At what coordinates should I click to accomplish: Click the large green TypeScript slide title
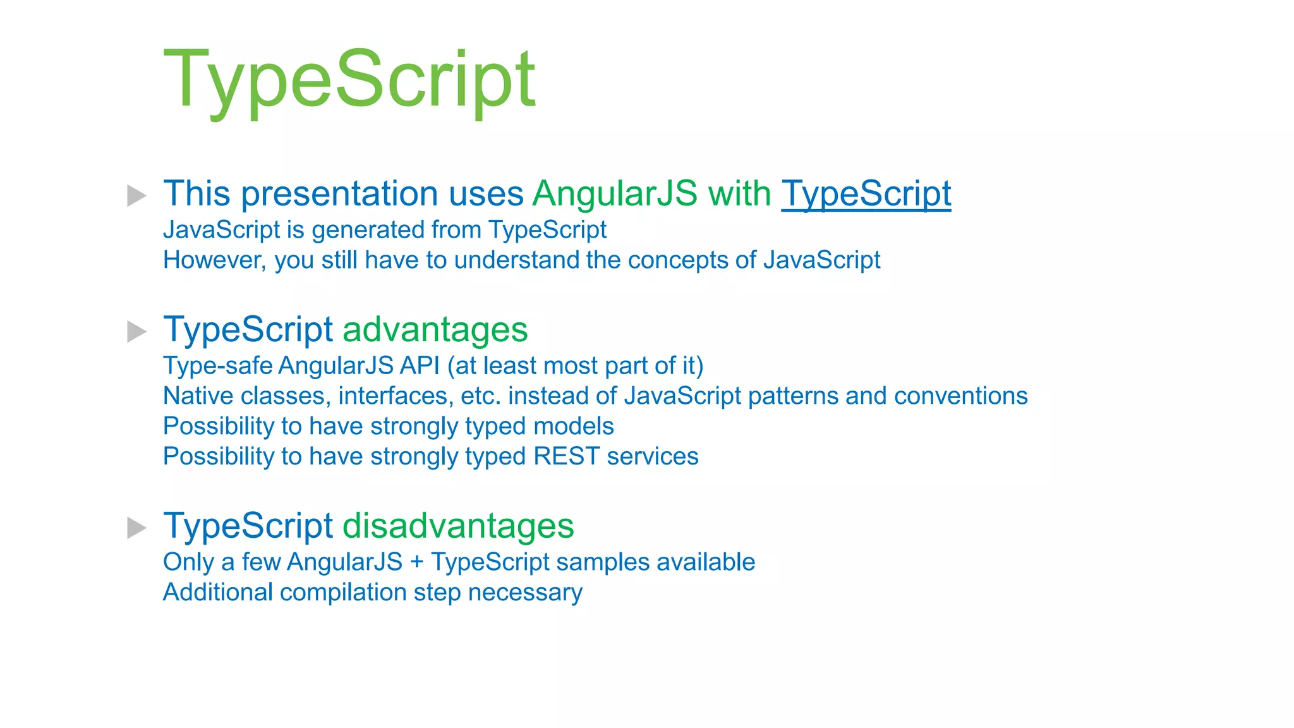(349, 81)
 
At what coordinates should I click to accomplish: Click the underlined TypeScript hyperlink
(866, 193)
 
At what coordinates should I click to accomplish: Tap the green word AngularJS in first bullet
(614, 193)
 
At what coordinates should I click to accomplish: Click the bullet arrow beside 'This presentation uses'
(136, 195)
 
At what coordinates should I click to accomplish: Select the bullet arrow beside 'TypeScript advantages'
(136, 331)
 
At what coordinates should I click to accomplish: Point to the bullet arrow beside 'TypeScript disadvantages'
(136, 528)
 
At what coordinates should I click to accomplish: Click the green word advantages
(435, 330)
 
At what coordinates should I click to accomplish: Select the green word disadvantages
(457, 526)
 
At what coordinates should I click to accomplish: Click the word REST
(566, 456)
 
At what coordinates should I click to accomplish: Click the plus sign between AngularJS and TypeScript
(416, 562)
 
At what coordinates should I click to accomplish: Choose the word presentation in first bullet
(339, 193)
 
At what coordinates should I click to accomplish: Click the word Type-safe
(217, 366)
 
